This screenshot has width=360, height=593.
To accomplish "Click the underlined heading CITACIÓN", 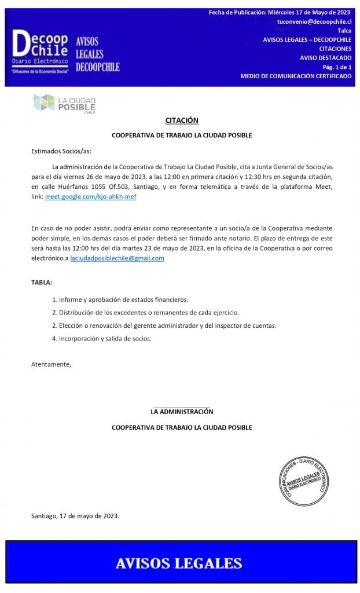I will [x=182, y=120].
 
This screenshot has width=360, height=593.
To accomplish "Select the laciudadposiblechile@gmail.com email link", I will [x=117, y=258].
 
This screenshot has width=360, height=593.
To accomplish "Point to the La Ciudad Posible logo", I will [x=65, y=104].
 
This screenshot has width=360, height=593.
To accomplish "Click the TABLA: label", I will [x=42, y=283].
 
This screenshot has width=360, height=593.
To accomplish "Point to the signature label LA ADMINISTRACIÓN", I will [x=182, y=412].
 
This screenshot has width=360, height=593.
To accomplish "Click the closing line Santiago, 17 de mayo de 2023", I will [x=75, y=515].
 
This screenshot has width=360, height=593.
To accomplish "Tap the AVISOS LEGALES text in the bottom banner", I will [x=179, y=563].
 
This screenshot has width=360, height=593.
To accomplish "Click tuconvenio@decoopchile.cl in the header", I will [x=314, y=21].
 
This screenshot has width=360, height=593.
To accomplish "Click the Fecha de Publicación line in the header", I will [x=280, y=12].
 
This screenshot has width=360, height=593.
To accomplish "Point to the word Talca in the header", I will [x=344, y=31].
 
